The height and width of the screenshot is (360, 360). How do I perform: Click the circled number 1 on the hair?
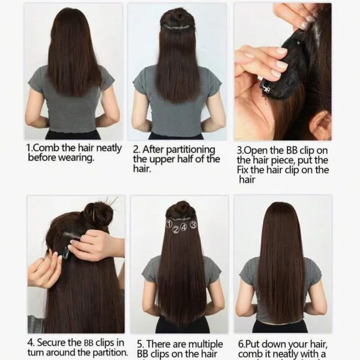click(169, 223)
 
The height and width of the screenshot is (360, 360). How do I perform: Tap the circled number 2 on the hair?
click(176, 230)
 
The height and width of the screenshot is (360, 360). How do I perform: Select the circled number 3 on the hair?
click(193, 224)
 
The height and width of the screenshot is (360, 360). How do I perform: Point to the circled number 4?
click(184, 228)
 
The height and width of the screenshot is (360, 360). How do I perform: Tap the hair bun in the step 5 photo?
click(181, 209)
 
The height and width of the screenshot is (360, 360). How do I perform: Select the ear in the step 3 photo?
click(320, 124)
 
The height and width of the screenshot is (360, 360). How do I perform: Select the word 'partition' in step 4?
click(107, 353)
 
